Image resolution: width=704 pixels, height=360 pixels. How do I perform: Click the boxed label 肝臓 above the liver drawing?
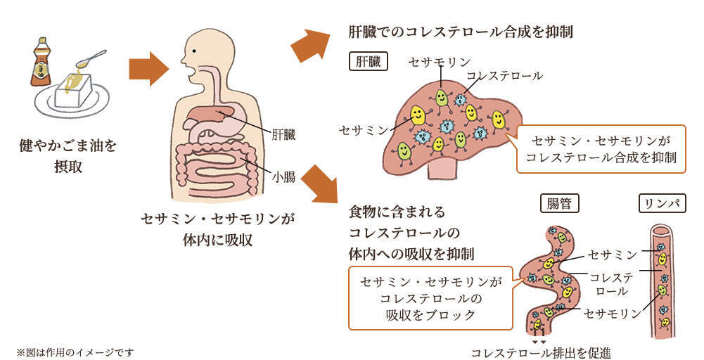[x=368, y=62]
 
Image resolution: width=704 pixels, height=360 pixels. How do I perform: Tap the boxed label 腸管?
[x=559, y=204]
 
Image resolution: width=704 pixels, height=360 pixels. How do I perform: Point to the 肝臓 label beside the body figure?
[x=283, y=134]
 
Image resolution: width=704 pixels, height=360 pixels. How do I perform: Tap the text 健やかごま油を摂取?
[x=68, y=157]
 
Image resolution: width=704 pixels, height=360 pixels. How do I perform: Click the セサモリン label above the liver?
[x=439, y=63]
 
